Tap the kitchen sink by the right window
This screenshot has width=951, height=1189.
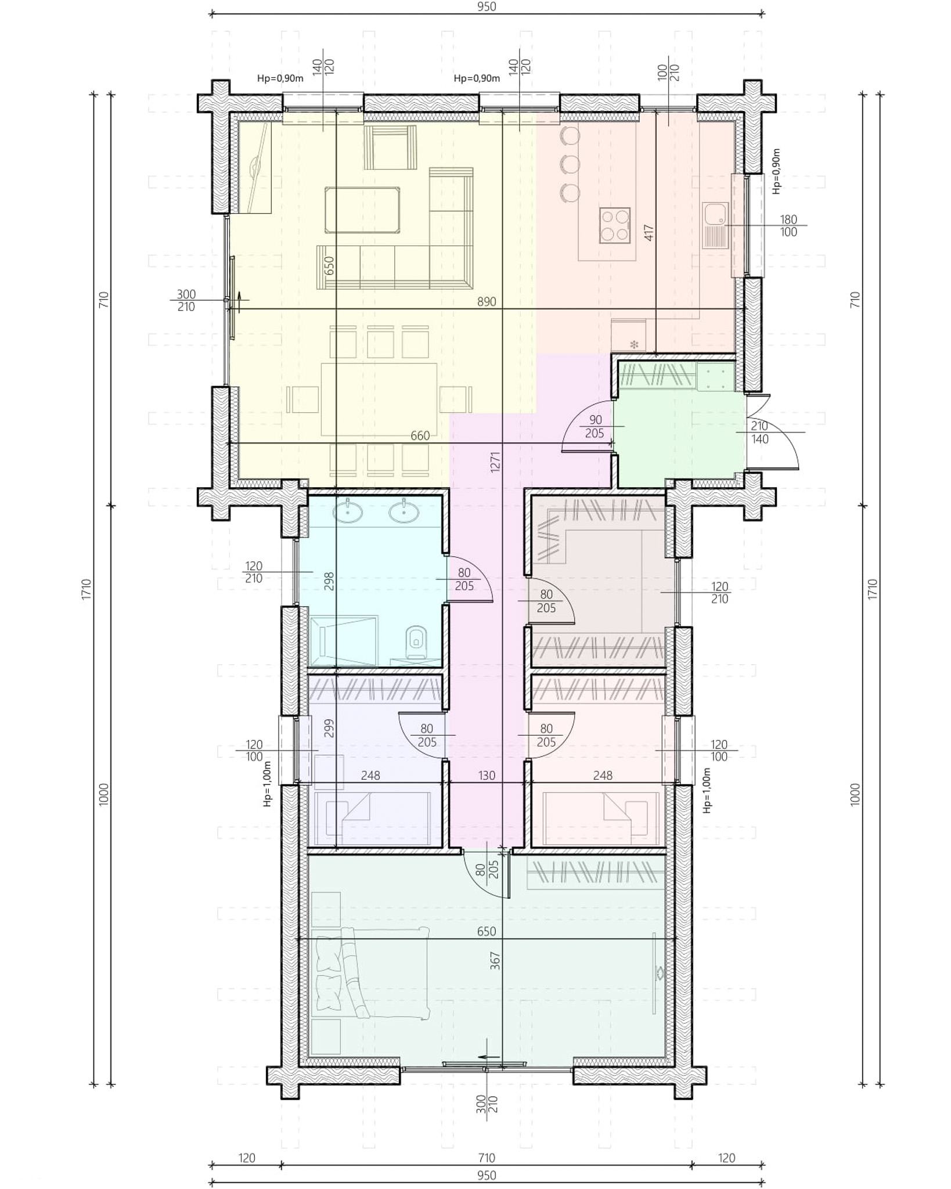coord(715,225)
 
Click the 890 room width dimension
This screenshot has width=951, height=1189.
coord(487,301)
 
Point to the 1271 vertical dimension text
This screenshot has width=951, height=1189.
coord(495,462)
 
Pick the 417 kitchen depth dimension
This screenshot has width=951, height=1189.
coord(649,233)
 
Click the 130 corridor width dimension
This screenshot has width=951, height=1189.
coord(487,775)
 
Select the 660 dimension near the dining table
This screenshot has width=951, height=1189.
coord(420,435)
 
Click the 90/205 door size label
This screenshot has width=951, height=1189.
coord(595,427)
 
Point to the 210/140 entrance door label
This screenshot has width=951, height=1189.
coord(759,433)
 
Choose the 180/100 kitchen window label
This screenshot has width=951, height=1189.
coord(788,226)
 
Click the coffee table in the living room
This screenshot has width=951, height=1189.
coord(362,210)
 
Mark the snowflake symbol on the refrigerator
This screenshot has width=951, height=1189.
coord(634,344)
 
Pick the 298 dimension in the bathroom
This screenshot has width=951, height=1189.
coord(329,581)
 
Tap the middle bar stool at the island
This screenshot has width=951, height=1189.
coord(570,165)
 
